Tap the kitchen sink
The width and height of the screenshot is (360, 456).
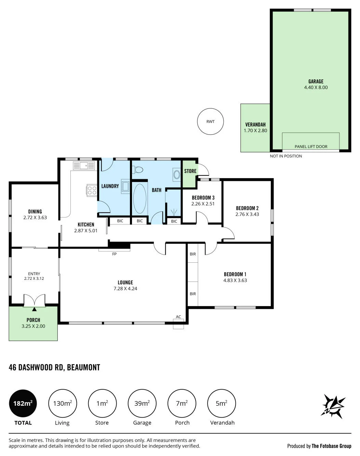84,166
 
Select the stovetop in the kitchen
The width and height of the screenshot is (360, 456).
92,190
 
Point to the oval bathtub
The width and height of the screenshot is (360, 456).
139,198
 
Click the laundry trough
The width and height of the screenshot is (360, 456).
125,186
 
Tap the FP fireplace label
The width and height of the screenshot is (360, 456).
114,254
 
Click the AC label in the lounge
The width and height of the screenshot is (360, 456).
178,316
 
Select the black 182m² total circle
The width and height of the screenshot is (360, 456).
23,403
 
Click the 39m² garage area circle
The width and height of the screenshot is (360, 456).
142,403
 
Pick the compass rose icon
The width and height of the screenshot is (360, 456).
333,406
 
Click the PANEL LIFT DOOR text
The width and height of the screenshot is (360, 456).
311,146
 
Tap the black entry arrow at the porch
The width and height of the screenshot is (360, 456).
34,309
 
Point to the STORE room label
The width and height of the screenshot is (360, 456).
190,171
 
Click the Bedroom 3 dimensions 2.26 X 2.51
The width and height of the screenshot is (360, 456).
203,204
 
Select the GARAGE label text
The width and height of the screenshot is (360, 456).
316,81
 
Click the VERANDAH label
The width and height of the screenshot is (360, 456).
255,125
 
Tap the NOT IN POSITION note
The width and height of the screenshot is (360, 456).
286,156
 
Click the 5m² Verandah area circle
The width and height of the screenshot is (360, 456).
222,403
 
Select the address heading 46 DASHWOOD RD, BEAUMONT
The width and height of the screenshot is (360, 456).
54,367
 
